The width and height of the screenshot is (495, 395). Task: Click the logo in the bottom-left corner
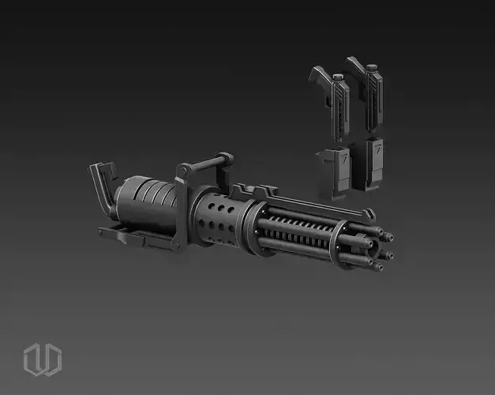43,359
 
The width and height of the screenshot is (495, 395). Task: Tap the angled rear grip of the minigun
102,186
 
